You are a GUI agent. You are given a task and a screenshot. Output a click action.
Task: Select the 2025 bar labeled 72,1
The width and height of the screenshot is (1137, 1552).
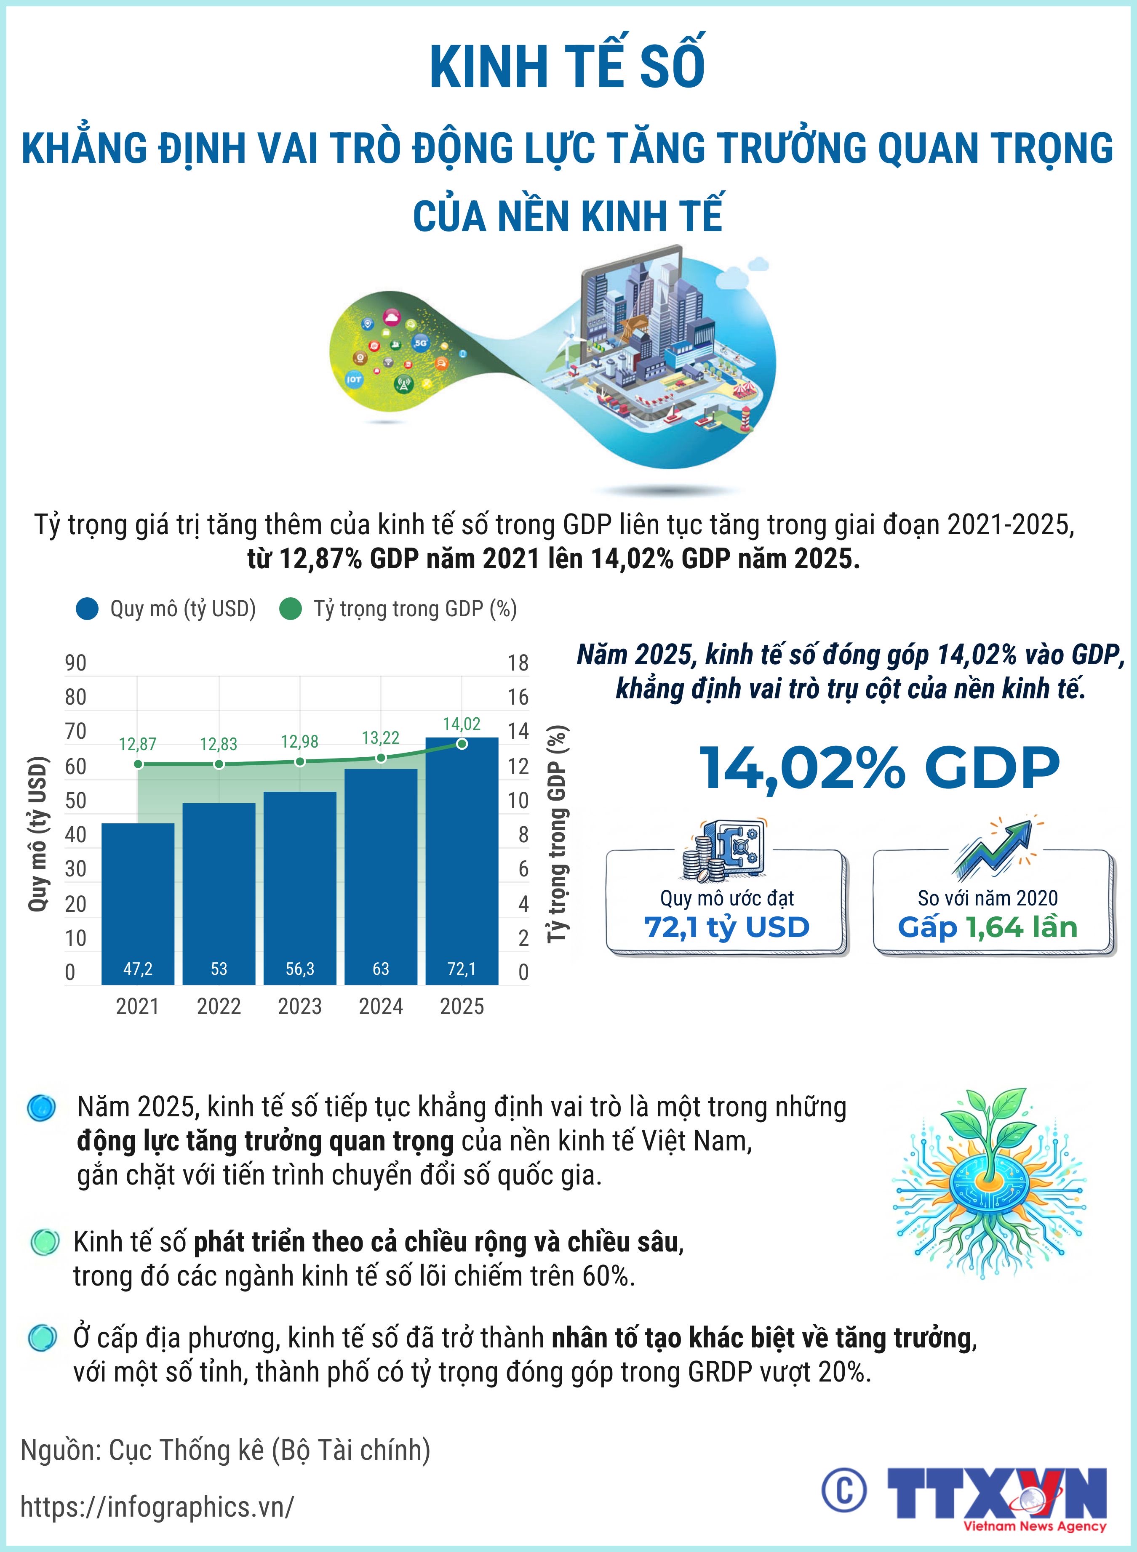click(462, 860)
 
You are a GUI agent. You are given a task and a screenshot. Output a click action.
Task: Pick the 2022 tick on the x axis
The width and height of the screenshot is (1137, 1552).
click(219, 1006)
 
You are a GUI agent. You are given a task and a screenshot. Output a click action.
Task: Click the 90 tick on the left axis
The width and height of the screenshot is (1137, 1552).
click(76, 663)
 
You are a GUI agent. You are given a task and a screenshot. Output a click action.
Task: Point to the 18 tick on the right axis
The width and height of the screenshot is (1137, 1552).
click(518, 663)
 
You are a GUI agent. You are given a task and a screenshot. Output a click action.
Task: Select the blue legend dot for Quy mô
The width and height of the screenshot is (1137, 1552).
click(88, 609)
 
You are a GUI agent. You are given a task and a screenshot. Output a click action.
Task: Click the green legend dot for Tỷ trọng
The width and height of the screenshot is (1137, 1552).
click(291, 609)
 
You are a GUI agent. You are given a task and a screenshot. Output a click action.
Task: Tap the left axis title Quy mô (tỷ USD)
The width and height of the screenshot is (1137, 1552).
click(39, 834)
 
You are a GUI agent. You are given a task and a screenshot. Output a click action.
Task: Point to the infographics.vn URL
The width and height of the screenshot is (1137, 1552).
click(157, 1507)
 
